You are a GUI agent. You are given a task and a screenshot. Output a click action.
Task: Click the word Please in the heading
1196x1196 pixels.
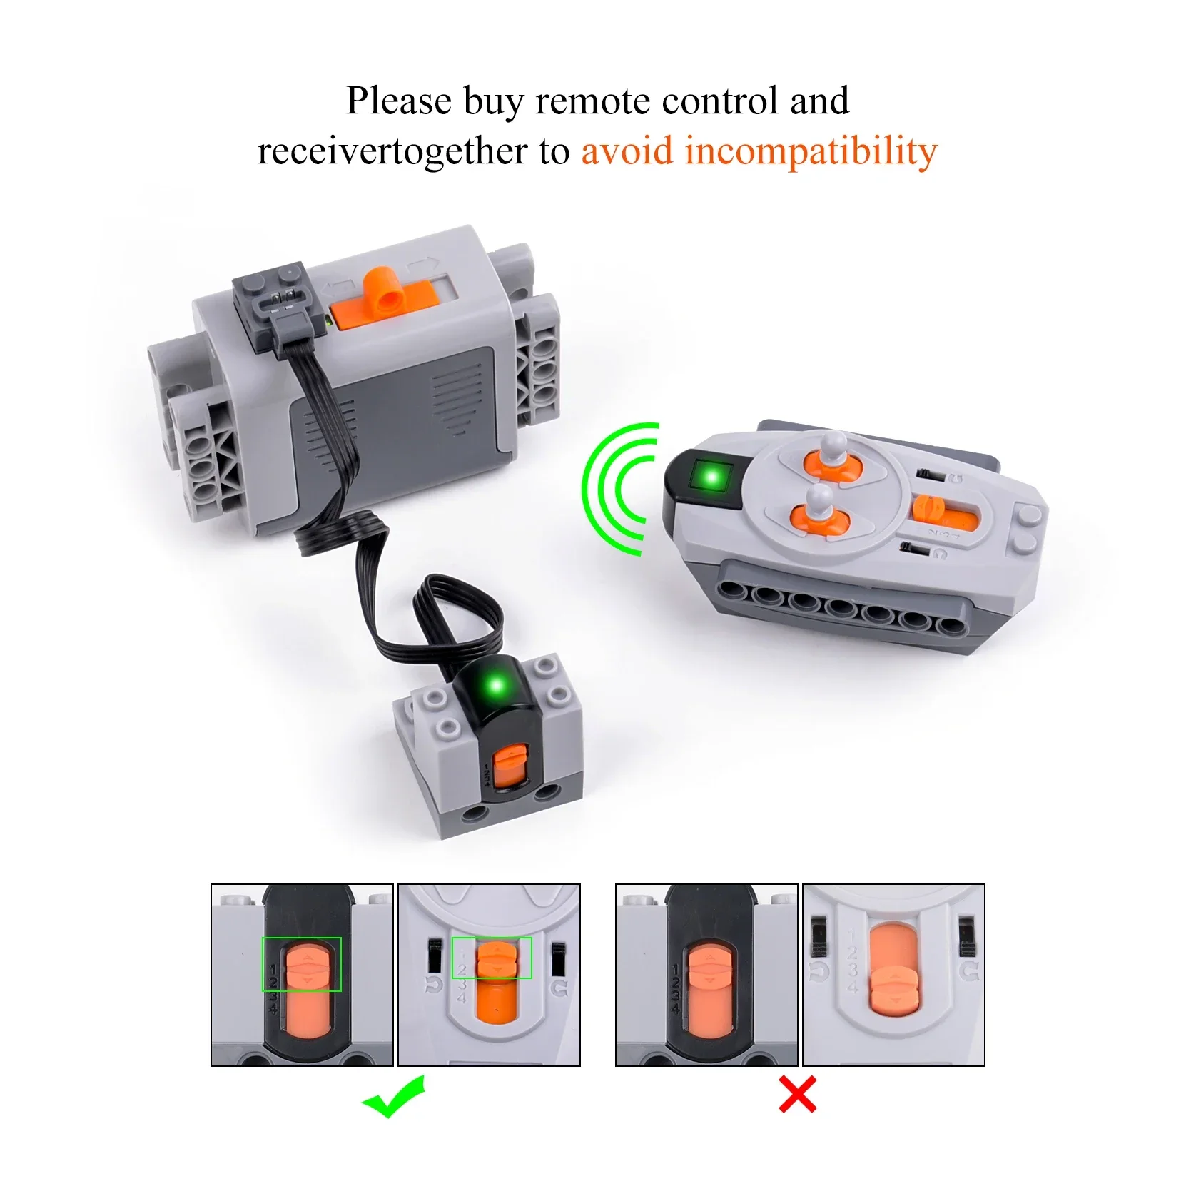[399, 101]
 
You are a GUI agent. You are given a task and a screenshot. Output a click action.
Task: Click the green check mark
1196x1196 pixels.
[394, 1097]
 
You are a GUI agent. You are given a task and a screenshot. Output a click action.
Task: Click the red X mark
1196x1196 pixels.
[797, 1095]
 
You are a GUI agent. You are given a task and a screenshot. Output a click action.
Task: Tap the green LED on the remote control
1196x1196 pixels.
[711, 477]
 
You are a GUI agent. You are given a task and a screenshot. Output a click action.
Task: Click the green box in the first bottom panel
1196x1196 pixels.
[302, 964]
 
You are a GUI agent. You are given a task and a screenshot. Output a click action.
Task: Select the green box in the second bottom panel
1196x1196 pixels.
[492, 957]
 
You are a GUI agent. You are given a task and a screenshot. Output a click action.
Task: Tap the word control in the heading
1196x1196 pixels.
[720, 101]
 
